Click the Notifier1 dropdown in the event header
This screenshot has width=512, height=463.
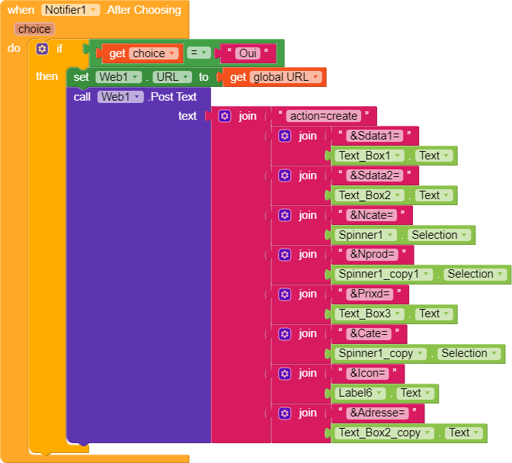(71, 10)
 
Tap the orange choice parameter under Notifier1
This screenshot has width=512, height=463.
(34, 29)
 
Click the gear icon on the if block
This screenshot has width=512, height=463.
(42, 49)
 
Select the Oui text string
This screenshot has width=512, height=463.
(245, 53)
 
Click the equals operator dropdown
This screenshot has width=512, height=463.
(198, 53)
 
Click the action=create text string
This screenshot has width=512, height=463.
(323, 116)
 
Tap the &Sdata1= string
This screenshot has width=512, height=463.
(373, 136)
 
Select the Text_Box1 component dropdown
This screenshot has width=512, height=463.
(369, 156)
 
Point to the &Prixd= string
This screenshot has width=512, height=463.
(369, 294)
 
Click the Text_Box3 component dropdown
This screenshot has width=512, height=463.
(369, 313)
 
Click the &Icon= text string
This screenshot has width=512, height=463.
(367, 373)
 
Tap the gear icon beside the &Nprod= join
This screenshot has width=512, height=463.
(284, 255)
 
